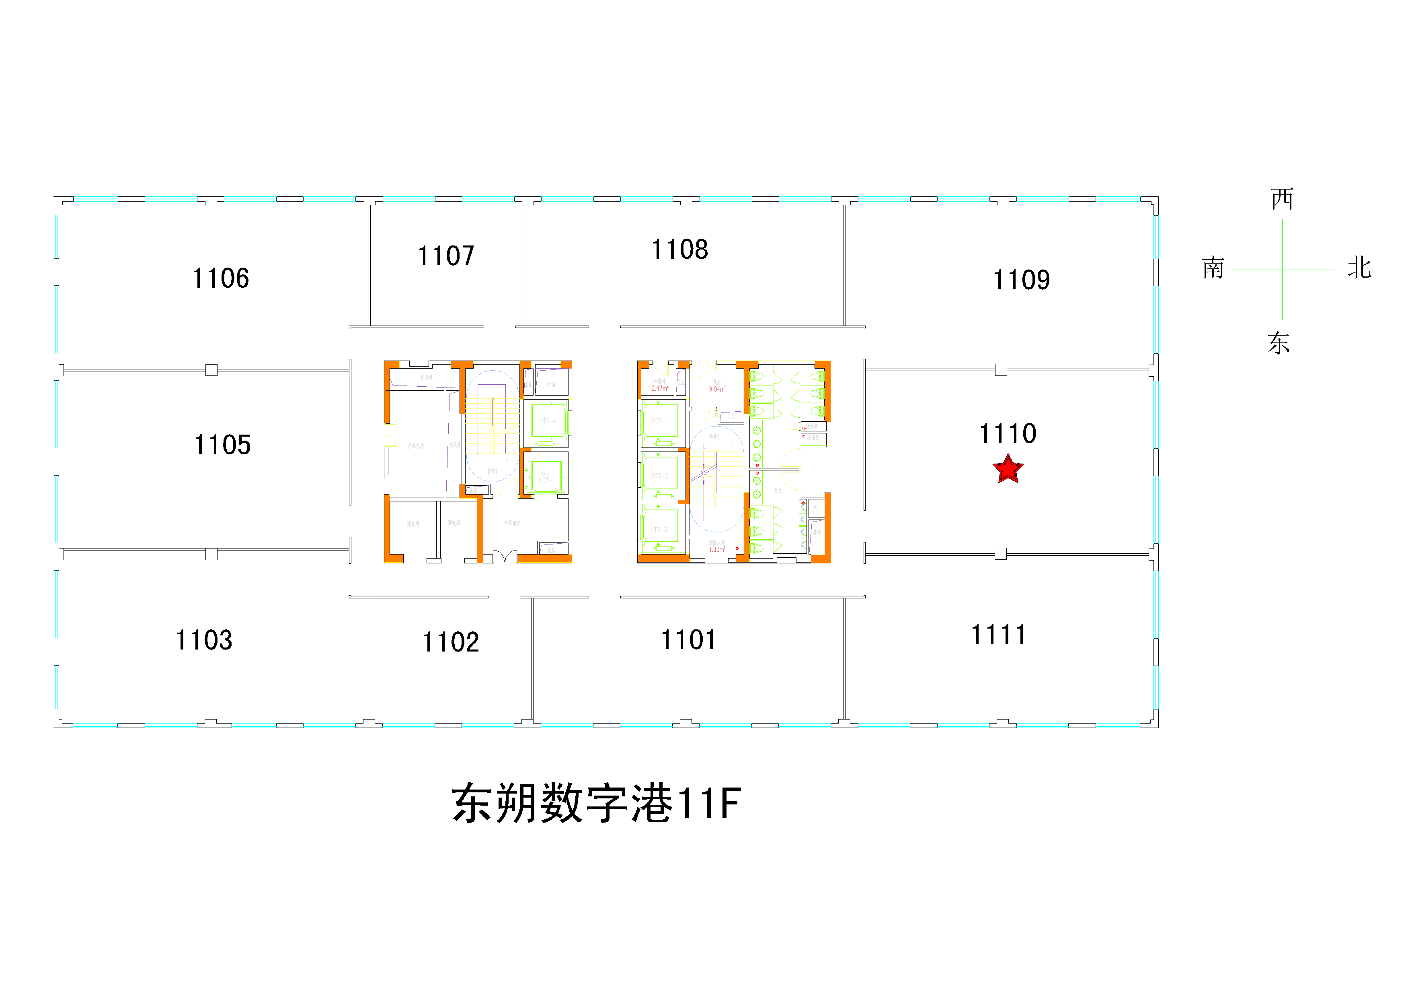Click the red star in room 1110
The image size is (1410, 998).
(1008, 470)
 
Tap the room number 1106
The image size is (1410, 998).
(220, 278)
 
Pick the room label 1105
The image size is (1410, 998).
(222, 445)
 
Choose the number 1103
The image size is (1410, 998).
(204, 640)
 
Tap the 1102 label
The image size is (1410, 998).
(450, 642)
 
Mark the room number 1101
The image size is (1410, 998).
(688, 640)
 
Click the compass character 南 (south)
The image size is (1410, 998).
(1213, 268)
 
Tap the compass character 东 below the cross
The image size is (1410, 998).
(1279, 343)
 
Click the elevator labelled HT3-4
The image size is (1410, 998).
(548, 421)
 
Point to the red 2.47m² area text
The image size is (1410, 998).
(659, 388)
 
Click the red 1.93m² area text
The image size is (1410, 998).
(717, 549)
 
